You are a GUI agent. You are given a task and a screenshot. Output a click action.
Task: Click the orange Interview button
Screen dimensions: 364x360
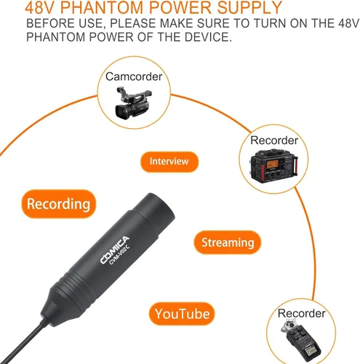[x=169, y=161]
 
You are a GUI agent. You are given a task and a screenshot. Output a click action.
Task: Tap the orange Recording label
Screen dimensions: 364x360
[x=58, y=204]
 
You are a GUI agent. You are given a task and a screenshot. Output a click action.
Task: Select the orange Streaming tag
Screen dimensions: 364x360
[x=227, y=242]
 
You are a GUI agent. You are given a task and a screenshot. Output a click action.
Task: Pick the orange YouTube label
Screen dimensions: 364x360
[x=182, y=314]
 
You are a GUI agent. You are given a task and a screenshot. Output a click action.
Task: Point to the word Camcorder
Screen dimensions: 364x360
[x=133, y=76]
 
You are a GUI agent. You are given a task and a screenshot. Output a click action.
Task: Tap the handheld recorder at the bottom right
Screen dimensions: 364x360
[x=300, y=339]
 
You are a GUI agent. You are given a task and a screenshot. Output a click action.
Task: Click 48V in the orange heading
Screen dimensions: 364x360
[x=43, y=9]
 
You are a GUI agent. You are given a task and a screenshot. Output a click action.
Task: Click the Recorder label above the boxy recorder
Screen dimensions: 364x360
[x=273, y=140]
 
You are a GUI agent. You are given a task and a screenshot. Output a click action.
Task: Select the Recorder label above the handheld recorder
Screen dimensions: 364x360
[x=301, y=313]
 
